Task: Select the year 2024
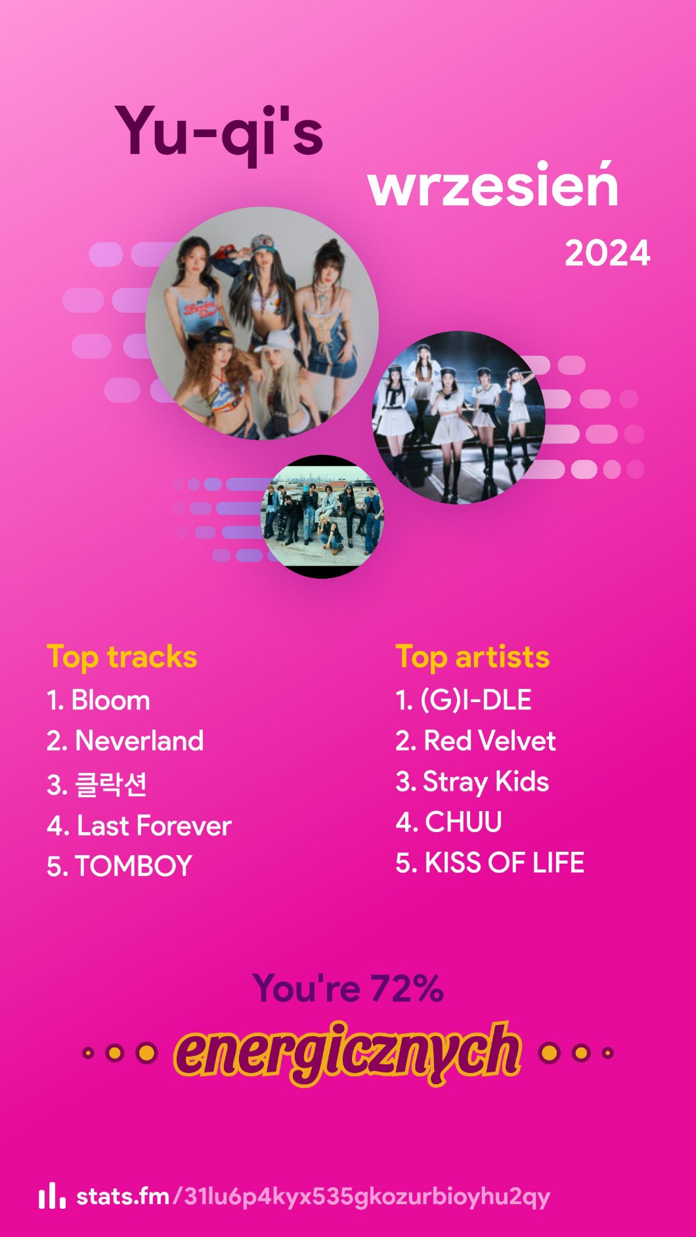(x=607, y=253)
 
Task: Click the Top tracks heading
(x=122, y=658)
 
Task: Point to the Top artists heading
(x=473, y=658)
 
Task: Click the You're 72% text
(x=348, y=988)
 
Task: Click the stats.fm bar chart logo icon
(x=52, y=1196)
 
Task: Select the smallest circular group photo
(x=322, y=516)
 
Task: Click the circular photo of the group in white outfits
(x=459, y=417)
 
